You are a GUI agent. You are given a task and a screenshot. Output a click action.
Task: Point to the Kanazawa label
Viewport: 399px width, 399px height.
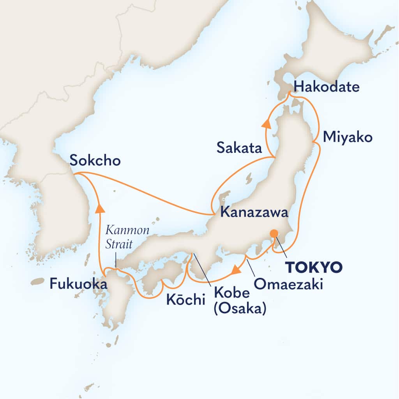(x=254, y=213)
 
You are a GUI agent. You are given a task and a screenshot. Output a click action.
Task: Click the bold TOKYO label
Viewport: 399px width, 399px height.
(x=314, y=267)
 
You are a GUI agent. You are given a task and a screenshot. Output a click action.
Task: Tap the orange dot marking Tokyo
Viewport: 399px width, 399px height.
(x=274, y=233)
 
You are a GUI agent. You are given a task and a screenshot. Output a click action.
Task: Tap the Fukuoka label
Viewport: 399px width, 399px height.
(x=78, y=284)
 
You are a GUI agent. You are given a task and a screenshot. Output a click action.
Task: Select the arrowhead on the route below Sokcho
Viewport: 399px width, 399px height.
(x=100, y=209)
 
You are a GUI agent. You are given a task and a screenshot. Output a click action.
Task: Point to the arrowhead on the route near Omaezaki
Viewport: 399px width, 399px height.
(x=236, y=270)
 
